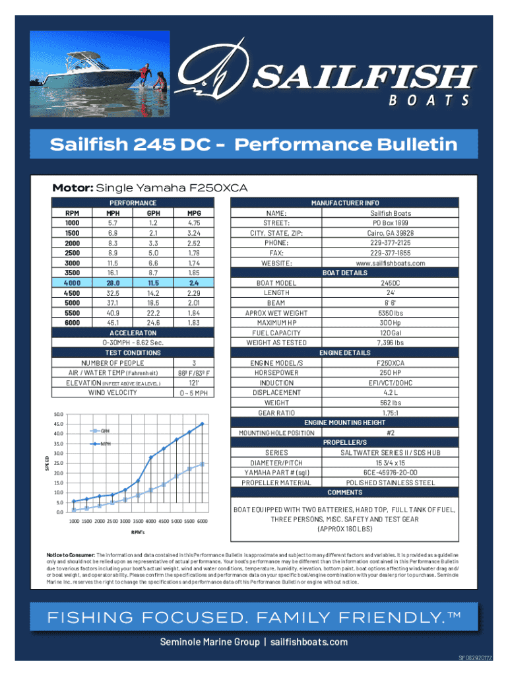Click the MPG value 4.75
194,223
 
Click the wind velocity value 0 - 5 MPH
194,393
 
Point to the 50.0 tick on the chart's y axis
59,414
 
